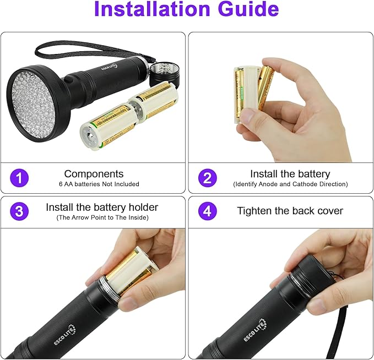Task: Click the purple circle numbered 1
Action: [19, 178]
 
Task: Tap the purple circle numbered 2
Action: [208, 178]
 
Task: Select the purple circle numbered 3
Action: [19, 211]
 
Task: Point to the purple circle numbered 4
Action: [208, 211]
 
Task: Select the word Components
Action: [94, 174]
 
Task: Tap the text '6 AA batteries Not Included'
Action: [99, 184]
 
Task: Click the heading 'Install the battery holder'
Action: [102, 208]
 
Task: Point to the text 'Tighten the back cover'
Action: [290, 211]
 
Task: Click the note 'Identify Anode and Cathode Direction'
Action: [290, 184]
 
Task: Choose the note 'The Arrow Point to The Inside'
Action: [102, 217]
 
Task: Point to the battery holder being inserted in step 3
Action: [128, 270]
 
